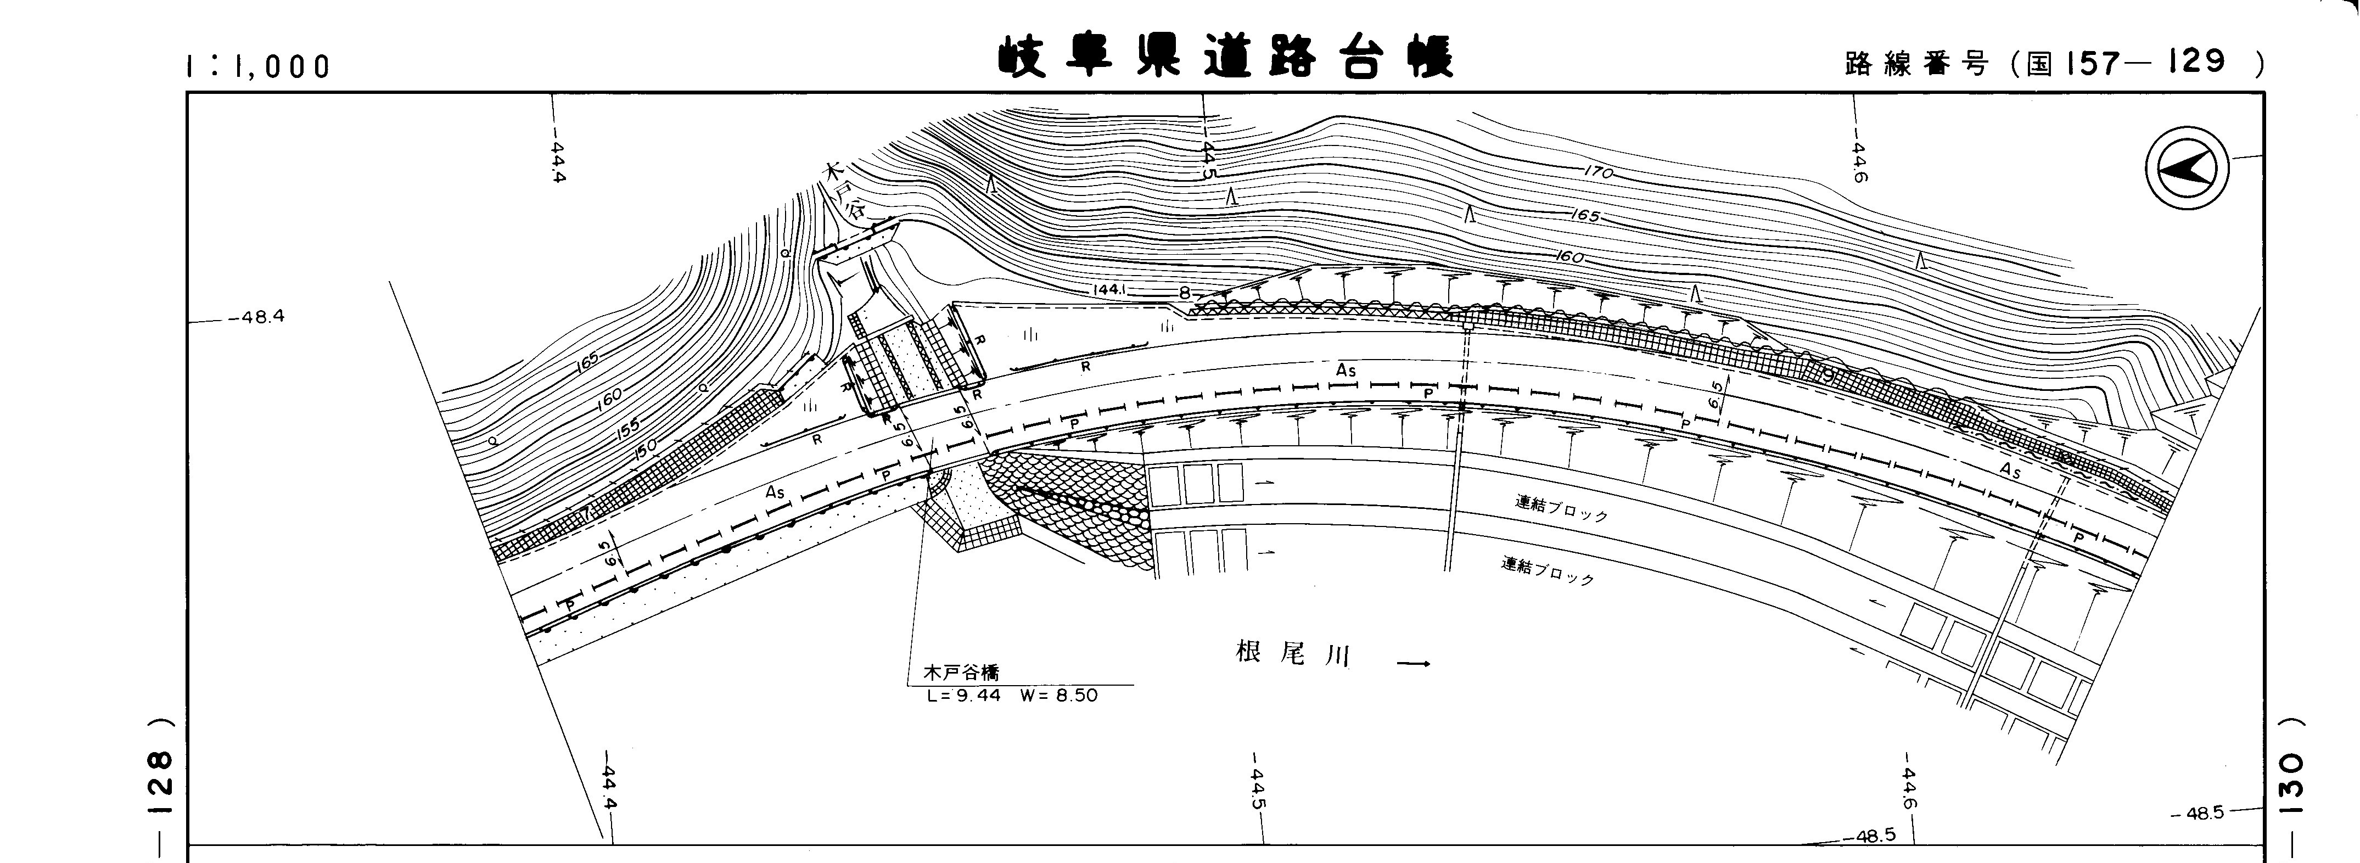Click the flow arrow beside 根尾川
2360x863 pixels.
click(x=1412, y=663)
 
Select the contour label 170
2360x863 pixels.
click(x=1598, y=171)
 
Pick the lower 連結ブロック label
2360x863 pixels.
click(x=1548, y=571)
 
